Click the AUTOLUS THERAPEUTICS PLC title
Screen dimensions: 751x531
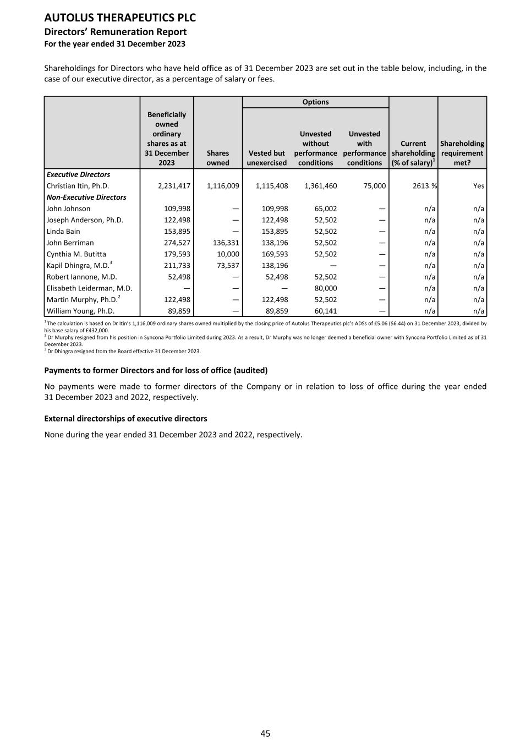click(x=120, y=18)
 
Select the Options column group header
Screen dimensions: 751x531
click(x=315, y=102)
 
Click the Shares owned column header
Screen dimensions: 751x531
click(x=218, y=158)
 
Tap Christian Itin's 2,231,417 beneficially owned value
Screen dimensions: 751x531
click(x=174, y=186)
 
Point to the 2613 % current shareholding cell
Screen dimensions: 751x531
click(x=424, y=186)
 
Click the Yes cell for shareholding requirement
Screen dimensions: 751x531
click(x=478, y=186)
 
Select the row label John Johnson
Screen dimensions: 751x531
click(x=68, y=209)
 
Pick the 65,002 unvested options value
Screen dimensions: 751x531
click(x=326, y=209)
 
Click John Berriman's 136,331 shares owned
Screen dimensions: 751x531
click(x=223, y=243)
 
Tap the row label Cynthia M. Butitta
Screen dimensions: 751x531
click(x=76, y=254)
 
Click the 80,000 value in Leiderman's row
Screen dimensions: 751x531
click(x=326, y=288)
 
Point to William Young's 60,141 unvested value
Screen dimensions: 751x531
click(x=326, y=311)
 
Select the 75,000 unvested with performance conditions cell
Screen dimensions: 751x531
click(x=375, y=186)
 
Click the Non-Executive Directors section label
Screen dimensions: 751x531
click(x=86, y=197)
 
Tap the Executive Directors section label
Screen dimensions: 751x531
click(x=78, y=174)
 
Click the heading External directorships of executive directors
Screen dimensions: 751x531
click(x=125, y=419)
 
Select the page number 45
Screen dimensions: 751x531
click(x=265, y=733)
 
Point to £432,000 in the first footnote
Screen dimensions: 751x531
click(x=98, y=331)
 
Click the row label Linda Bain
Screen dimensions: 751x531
click(x=63, y=232)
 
